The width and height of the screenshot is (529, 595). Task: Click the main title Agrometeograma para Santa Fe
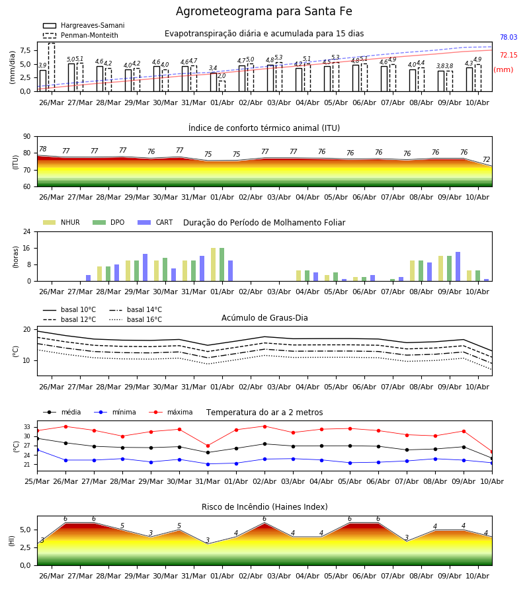tap(264, 11)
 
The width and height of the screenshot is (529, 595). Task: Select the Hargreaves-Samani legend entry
tap(83, 25)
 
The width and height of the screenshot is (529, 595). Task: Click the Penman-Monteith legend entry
tap(81, 35)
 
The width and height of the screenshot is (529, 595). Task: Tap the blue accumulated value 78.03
tap(509, 37)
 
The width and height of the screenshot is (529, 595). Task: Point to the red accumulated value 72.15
tap(509, 55)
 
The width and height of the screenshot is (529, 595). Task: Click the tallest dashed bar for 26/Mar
tap(52, 67)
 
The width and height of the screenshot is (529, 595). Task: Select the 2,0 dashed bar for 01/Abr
tap(222, 86)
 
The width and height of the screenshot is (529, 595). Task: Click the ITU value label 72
tap(487, 159)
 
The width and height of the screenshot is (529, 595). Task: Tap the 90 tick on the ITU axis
tap(27, 137)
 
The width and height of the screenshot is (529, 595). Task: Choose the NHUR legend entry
tap(61, 222)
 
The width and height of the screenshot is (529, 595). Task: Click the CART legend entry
tap(155, 222)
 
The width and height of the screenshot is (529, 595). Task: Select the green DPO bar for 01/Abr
tap(222, 264)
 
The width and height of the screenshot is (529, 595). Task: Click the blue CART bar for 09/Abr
tap(458, 267)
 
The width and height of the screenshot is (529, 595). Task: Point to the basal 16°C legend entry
tap(136, 319)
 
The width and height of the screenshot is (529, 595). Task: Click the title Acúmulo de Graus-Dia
tap(264, 317)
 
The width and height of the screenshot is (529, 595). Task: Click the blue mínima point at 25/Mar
tap(37, 450)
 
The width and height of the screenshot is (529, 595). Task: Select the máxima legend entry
tap(171, 412)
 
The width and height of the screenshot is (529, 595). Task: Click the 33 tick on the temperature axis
tap(27, 427)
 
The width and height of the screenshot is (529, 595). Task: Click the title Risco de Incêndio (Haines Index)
tap(264, 506)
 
